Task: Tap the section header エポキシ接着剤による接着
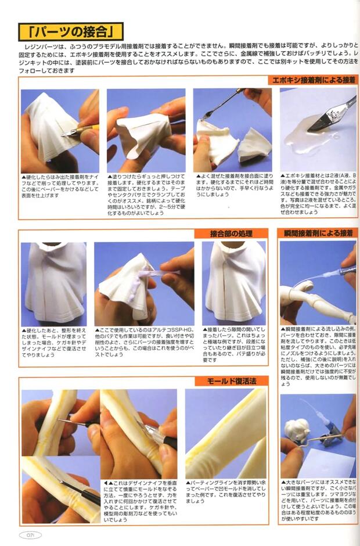310,80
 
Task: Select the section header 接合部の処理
231,234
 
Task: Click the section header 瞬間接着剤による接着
317,233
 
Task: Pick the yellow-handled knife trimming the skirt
81,131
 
